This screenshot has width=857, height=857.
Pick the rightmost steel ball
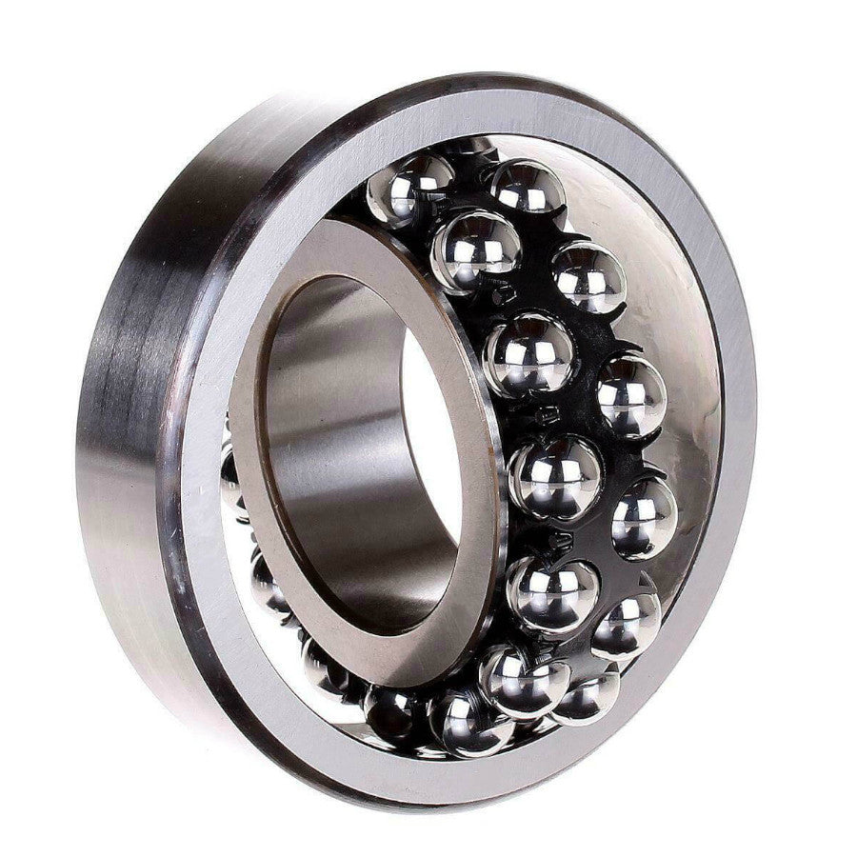[645, 518]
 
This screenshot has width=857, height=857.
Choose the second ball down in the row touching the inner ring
[476, 249]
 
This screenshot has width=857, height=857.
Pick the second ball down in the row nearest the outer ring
[589, 277]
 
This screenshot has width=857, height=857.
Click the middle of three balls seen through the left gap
[271, 581]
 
